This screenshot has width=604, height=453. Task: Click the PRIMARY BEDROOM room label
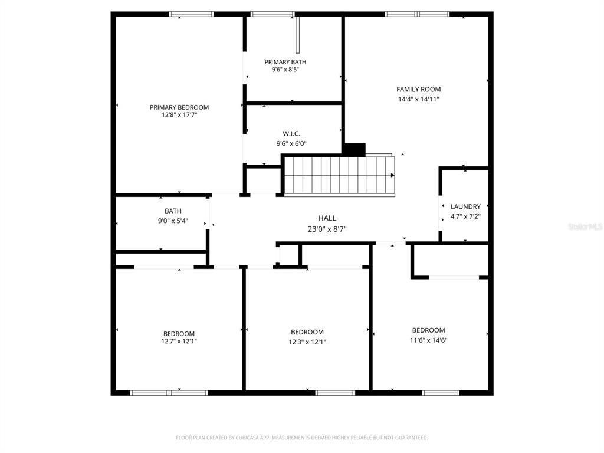(179, 107)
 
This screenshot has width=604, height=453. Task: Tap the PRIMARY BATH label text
(285, 62)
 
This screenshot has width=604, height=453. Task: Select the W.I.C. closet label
(291, 134)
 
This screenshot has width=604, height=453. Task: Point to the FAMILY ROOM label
(418, 90)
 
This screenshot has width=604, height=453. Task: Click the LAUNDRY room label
(465, 206)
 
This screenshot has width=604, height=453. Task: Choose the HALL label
(327, 218)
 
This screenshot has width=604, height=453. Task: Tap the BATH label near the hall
(173, 211)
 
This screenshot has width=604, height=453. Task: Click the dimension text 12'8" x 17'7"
(179, 116)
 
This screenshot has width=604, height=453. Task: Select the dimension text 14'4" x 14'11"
(418, 99)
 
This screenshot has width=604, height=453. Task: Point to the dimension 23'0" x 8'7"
(327, 229)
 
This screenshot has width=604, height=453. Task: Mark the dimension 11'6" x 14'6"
(429, 340)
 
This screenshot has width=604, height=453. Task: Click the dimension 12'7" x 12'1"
(179, 341)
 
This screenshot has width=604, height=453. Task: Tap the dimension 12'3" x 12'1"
(307, 342)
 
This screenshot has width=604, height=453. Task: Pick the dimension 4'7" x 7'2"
(465, 216)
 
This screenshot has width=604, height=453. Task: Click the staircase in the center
(339, 175)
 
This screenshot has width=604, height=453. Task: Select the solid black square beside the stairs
(354, 149)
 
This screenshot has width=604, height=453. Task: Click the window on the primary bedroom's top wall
(191, 14)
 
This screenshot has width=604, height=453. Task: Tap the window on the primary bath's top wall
(272, 14)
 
